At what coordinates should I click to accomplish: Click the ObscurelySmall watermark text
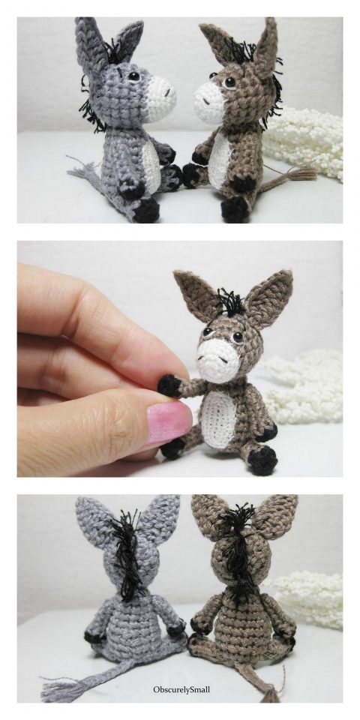[x=180, y=689]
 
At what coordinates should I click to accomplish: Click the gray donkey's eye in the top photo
[x=133, y=76]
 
